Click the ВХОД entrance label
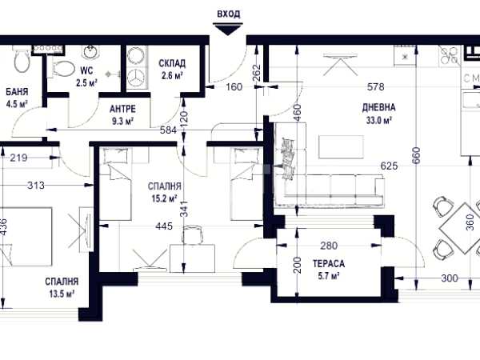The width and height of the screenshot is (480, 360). [x=228, y=14]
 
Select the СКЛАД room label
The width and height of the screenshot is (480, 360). [x=172, y=63]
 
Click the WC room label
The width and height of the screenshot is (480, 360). [x=86, y=70]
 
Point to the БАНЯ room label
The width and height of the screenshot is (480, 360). [x=17, y=91]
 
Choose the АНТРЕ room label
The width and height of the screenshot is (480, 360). [x=122, y=109]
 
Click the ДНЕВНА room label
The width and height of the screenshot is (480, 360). [x=378, y=107]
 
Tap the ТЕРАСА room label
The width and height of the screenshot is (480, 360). [x=329, y=263]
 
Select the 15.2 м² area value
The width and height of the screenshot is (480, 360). [x=164, y=199]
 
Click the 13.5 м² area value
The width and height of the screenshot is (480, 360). [x=62, y=294]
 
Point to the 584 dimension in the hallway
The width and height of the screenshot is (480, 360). [x=169, y=130]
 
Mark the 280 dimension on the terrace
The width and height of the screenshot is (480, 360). [x=329, y=246]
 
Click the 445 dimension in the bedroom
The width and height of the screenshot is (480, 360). [x=164, y=226]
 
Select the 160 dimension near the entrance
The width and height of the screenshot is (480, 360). [x=234, y=87]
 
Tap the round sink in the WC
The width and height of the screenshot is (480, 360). [x=90, y=52]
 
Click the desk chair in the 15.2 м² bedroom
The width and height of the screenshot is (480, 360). [x=192, y=234]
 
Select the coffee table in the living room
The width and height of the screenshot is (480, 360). [x=342, y=147]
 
